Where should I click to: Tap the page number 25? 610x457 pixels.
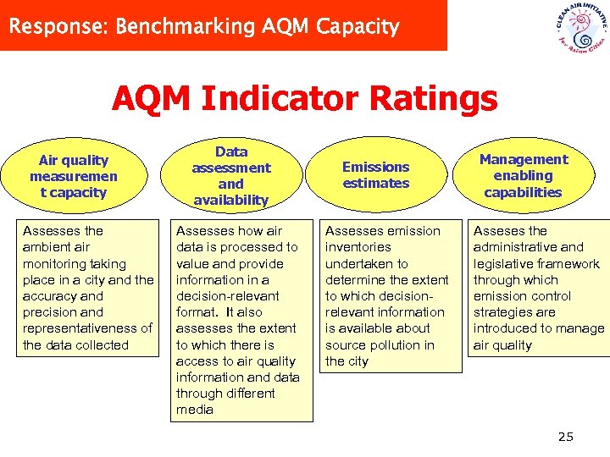tap(565, 437)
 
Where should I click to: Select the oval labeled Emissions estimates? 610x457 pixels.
tap(375, 175)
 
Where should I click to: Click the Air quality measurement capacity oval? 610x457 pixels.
tap(74, 176)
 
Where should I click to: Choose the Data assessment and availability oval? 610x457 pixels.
tap(230, 176)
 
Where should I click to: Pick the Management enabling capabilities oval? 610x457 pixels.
tap(523, 176)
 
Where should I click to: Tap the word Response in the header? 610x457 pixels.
tap(56, 26)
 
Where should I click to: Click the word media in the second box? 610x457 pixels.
tap(194, 410)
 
